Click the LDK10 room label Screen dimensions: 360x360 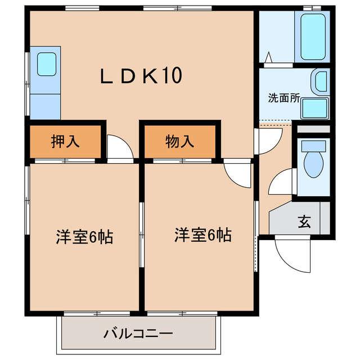(x=141, y=76)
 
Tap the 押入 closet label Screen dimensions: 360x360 (x=65, y=141)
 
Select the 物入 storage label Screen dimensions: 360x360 (x=180, y=141)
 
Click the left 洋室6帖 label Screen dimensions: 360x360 (x=84, y=237)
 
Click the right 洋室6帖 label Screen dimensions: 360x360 (x=202, y=235)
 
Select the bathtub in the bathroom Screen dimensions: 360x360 (x=314, y=37)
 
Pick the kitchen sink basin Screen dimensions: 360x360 (x=46, y=65)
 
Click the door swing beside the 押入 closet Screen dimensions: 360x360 (x=120, y=148)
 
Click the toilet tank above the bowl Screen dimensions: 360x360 (x=313, y=146)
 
